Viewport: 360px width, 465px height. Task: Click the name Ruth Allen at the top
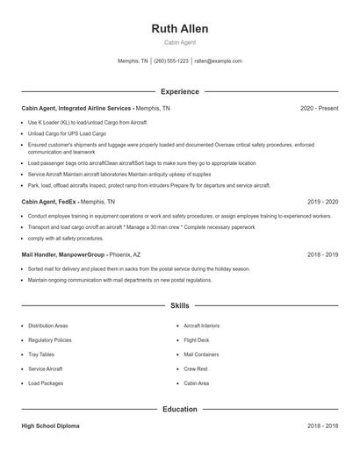(x=179, y=28)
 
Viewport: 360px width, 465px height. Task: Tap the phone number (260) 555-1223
(x=171, y=61)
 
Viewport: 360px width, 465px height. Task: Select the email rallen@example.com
(x=218, y=61)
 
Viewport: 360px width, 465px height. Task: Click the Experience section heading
(x=179, y=91)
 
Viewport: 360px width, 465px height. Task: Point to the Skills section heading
(x=179, y=306)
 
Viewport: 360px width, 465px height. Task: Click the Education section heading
(x=179, y=409)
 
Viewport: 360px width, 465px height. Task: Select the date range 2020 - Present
(x=319, y=108)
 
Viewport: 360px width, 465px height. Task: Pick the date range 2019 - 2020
(x=322, y=202)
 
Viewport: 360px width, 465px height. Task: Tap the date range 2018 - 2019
(x=322, y=254)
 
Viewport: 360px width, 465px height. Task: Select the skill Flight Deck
(x=197, y=340)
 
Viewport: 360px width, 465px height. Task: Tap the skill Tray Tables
(x=41, y=354)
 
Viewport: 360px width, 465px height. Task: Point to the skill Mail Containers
(x=201, y=354)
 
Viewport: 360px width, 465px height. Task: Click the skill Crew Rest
(x=196, y=369)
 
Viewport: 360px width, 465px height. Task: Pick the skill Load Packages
(x=46, y=383)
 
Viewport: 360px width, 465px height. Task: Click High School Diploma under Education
(x=50, y=426)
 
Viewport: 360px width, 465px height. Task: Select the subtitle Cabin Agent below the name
(x=179, y=42)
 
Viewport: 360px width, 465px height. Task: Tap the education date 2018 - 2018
(x=322, y=426)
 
